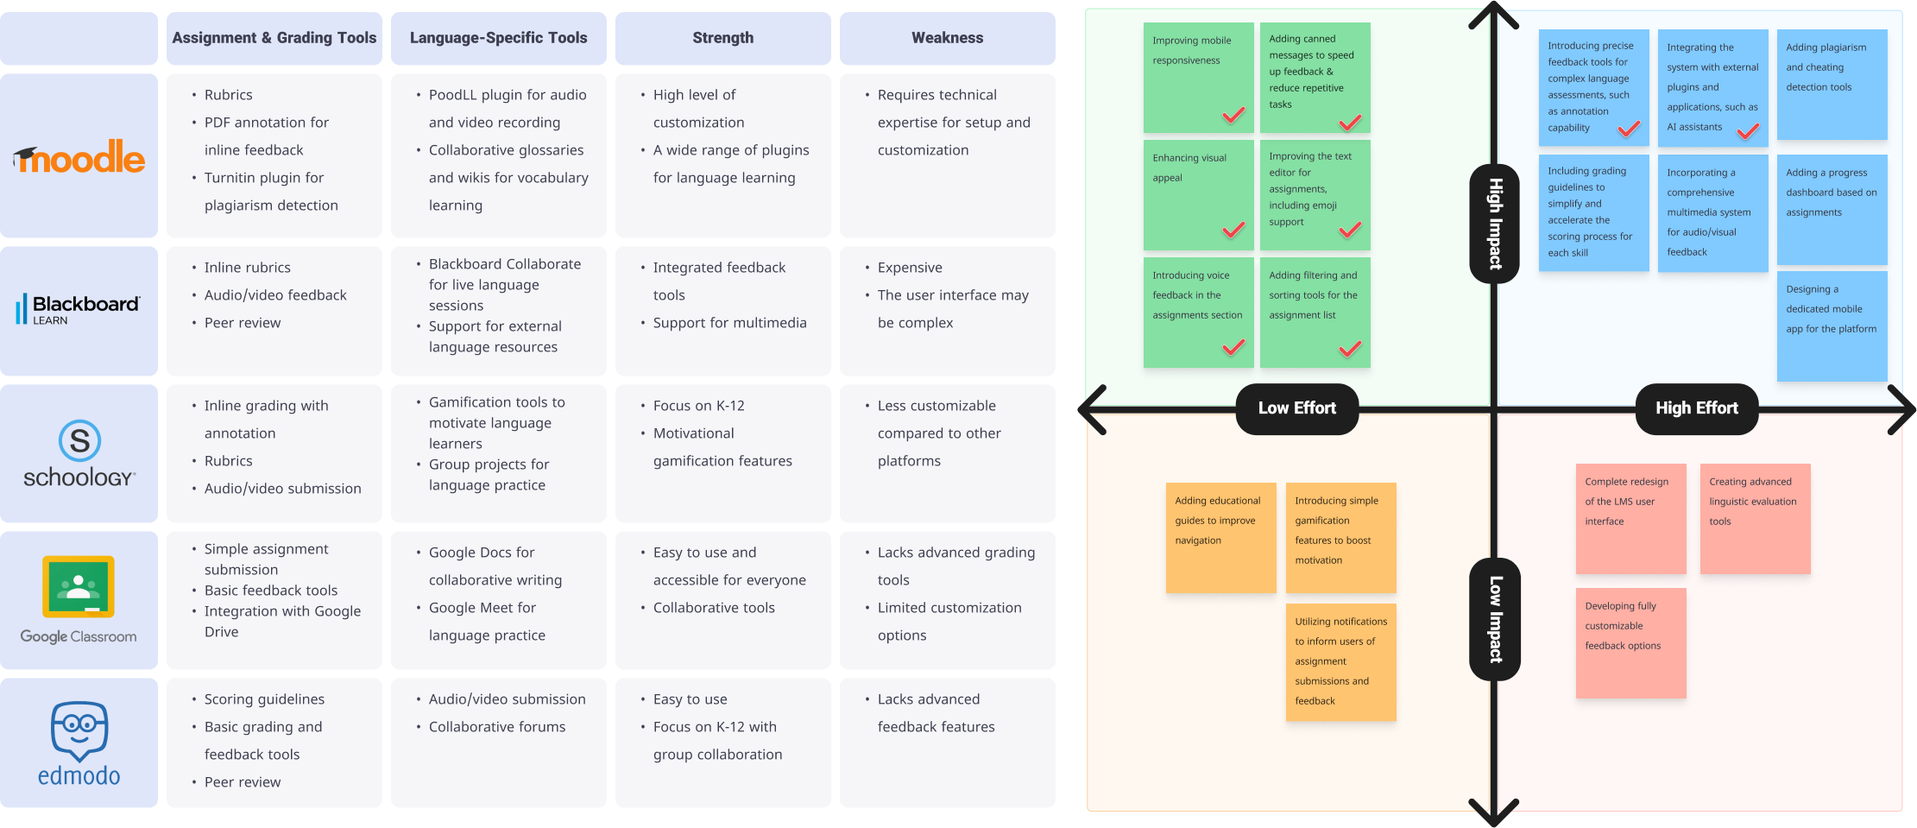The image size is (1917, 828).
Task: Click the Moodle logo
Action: coord(79,157)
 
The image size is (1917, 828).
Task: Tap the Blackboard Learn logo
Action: coord(79,309)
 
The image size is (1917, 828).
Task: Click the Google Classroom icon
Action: coord(79,587)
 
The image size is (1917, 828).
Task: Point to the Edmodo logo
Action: coord(79,743)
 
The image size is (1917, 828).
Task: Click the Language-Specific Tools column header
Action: coord(498,38)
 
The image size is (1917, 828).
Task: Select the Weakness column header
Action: coord(947,38)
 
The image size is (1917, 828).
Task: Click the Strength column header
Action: coord(722,38)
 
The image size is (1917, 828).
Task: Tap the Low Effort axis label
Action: coord(1296,408)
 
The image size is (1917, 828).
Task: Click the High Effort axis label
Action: coord(1696,408)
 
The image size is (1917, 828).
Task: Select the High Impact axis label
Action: coord(1495,224)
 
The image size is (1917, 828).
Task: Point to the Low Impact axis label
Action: coord(1495,619)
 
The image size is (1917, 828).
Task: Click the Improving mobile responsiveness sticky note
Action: coord(1198,76)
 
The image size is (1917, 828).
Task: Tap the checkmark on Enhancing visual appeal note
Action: coord(1233,231)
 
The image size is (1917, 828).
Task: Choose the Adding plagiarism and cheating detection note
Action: coord(1832,84)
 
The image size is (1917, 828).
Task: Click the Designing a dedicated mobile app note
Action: coord(1832,326)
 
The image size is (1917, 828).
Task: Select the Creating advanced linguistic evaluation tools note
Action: coord(1755,518)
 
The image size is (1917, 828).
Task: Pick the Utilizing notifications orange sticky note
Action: coord(1340,661)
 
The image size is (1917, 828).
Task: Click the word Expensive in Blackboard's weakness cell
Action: coord(910,268)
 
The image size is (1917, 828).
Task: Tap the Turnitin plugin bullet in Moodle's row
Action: coord(264,178)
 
